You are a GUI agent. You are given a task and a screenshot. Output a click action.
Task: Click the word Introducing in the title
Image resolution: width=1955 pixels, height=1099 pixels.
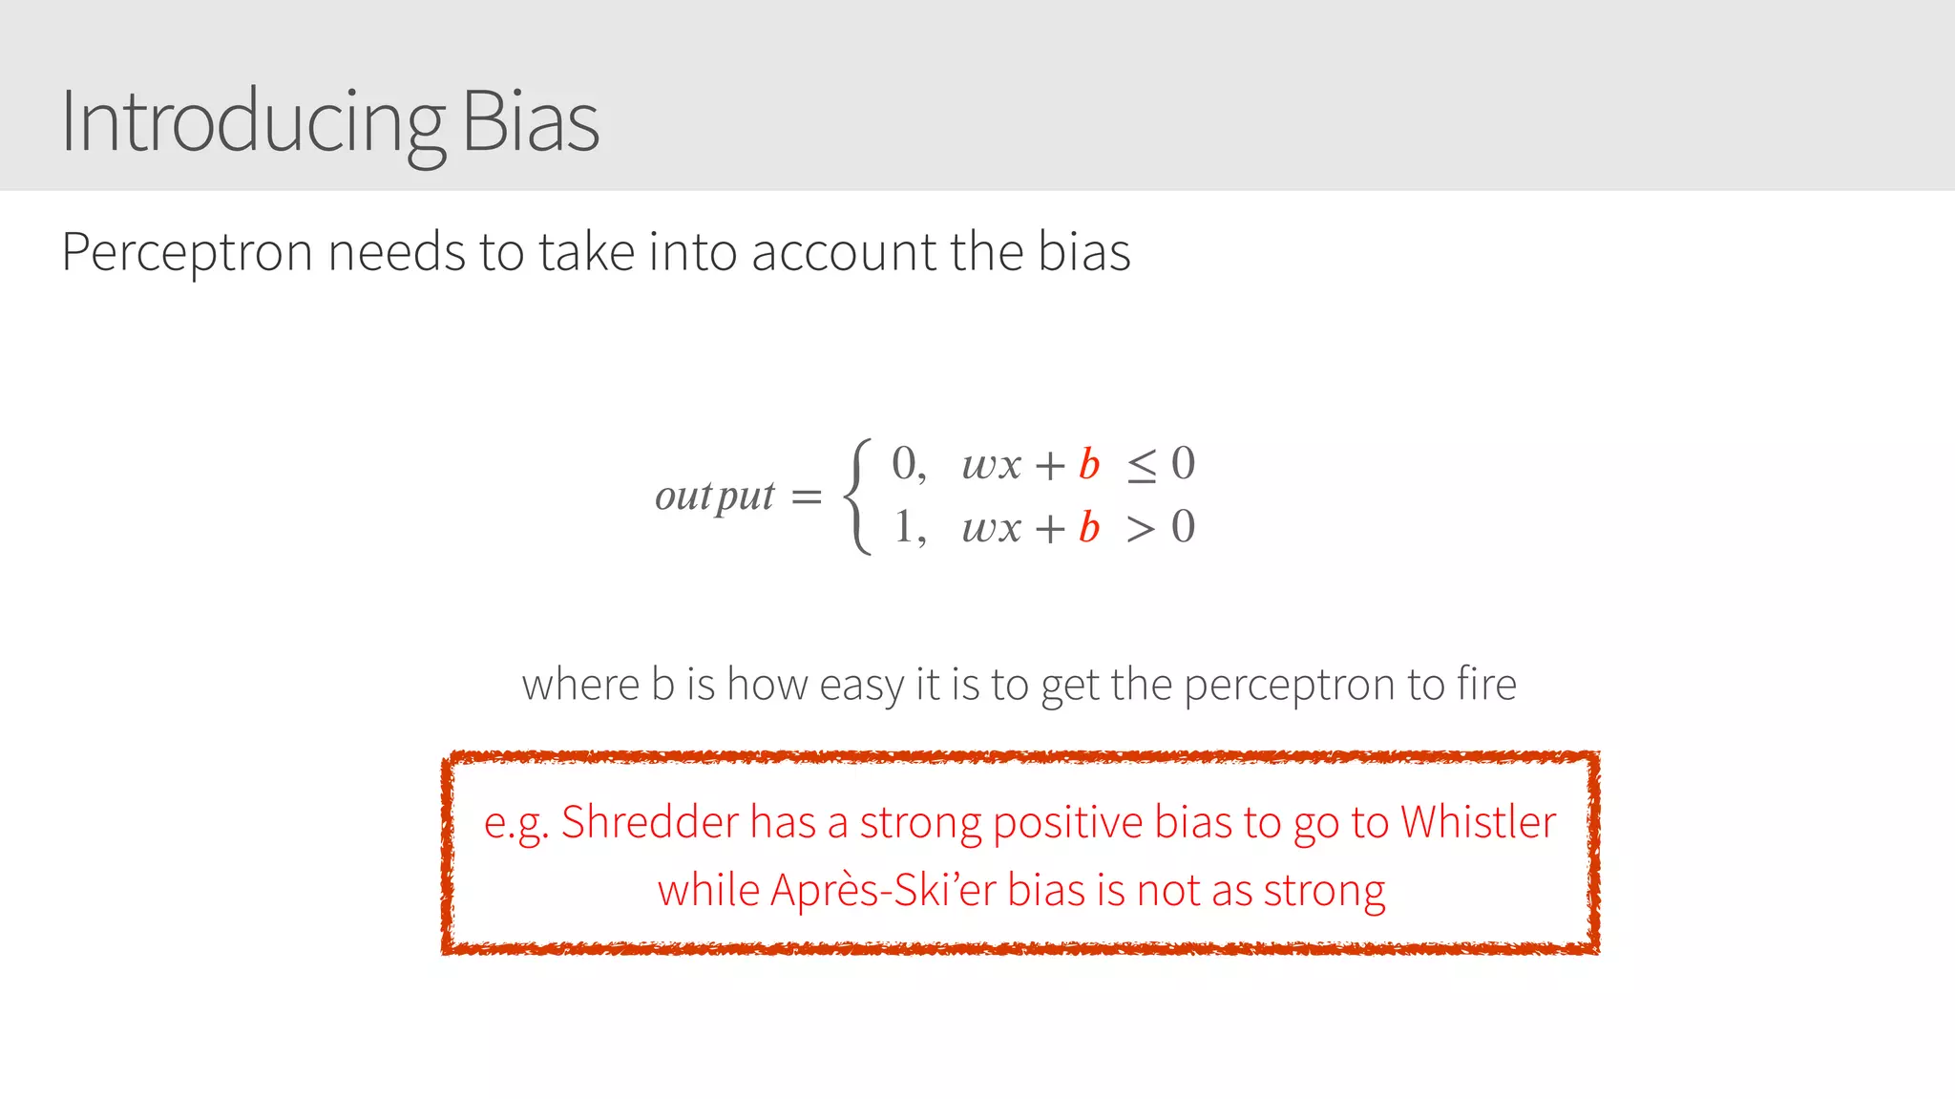click(x=252, y=122)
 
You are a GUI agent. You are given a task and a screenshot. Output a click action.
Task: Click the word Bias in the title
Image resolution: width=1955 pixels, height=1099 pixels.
click(x=530, y=122)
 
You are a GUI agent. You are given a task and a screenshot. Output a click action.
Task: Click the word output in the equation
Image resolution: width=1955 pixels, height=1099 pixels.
click(x=714, y=496)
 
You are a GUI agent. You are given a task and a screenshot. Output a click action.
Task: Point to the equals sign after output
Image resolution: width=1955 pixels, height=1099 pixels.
click(x=807, y=497)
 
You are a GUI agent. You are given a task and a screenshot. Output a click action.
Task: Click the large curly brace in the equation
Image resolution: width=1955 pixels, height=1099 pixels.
click(x=858, y=497)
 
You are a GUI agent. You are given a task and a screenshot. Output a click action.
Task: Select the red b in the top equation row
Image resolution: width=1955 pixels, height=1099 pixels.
click(x=1089, y=465)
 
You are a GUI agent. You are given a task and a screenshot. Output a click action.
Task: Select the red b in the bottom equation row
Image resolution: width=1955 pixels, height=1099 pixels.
click(x=1089, y=528)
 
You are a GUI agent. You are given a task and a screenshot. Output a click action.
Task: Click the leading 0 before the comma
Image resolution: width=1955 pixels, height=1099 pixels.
click(x=903, y=464)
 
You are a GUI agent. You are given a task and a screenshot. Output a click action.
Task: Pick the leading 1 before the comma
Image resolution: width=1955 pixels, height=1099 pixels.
click(x=903, y=527)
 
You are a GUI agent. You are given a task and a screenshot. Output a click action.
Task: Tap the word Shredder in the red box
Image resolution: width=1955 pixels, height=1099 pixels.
click(x=649, y=822)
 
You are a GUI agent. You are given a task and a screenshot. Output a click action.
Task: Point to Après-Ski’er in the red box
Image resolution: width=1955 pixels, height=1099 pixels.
click(x=883, y=890)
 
